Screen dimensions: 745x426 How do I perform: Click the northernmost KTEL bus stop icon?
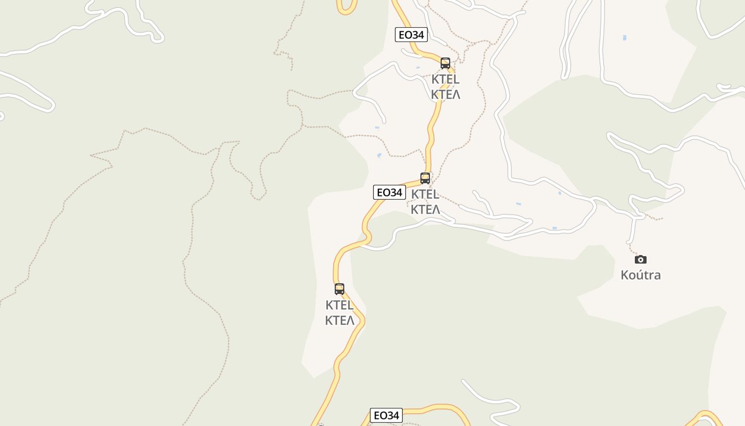click(445, 63)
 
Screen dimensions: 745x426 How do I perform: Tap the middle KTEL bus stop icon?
click(425, 178)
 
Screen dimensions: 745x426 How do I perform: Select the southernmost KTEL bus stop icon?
click(340, 289)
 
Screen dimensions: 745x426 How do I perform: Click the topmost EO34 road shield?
click(411, 35)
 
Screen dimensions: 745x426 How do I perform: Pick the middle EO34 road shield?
click(390, 192)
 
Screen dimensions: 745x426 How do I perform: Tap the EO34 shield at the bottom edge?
click(386, 415)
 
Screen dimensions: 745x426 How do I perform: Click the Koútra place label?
click(641, 275)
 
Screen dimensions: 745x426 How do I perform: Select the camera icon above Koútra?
click(641, 259)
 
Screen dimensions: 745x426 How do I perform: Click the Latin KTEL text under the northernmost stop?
click(445, 80)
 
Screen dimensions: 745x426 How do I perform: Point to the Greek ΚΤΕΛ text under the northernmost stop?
click(445, 95)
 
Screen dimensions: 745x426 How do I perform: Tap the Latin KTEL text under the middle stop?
click(425, 194)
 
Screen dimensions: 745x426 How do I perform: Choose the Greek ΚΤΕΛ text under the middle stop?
click(425, 209)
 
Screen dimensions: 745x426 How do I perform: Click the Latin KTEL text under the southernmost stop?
click(340, 306)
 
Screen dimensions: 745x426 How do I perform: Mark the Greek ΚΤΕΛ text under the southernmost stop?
click(340, 321)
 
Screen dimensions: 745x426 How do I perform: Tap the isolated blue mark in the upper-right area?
click(624, 38)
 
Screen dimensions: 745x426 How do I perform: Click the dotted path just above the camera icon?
click(632, 248)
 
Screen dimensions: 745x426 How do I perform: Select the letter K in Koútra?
click(625, 275)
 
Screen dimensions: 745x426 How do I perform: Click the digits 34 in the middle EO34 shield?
click(396, 192)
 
